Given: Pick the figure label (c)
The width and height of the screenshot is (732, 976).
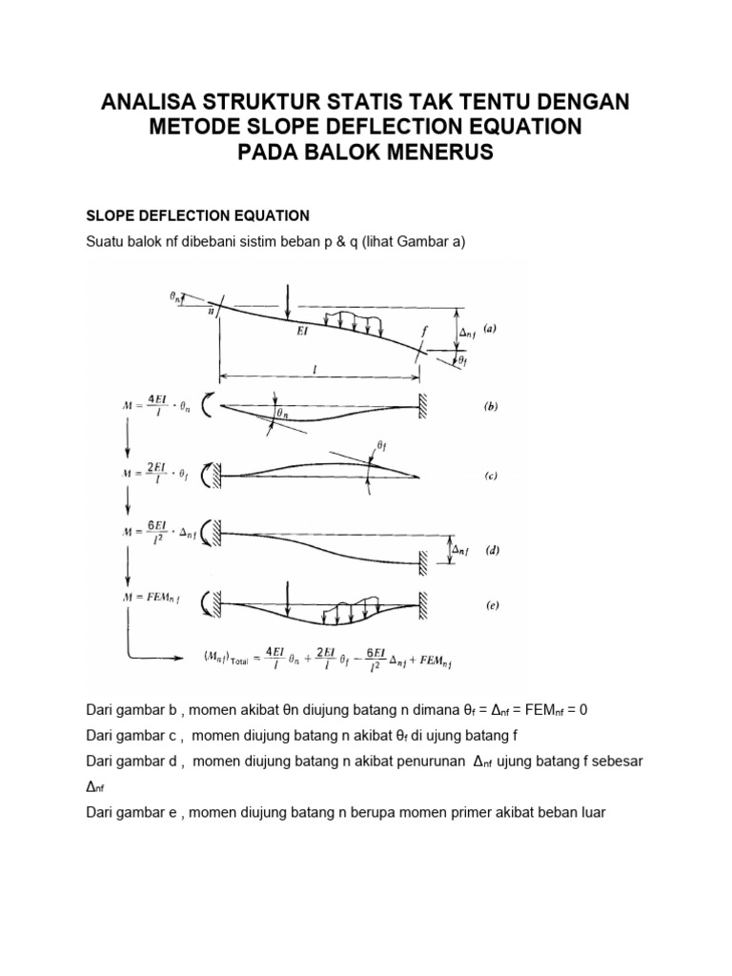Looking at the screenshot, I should (490, 476).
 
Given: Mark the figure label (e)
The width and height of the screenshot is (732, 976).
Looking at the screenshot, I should (490, 604).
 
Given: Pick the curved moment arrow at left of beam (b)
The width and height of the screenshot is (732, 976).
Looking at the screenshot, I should (210, 401).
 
